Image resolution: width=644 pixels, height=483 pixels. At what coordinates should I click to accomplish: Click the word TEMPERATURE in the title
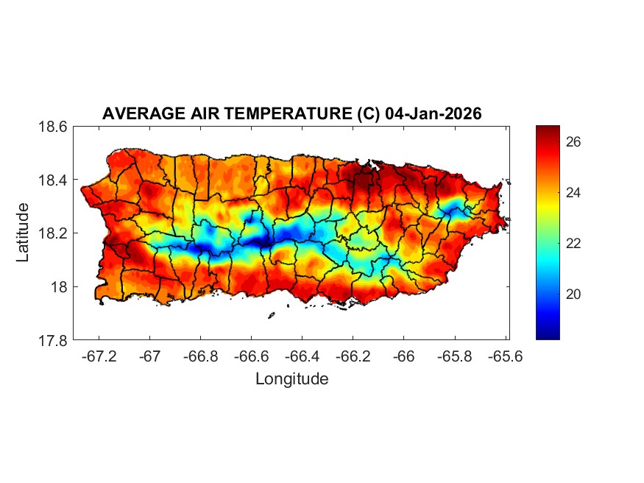tap(286, 114)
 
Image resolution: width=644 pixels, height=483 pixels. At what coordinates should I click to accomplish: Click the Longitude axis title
tap(291, 379)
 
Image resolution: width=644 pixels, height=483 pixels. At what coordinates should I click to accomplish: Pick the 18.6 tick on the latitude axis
tap(53, 127)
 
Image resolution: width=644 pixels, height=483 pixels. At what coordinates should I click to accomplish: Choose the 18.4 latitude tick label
tap(53, 180)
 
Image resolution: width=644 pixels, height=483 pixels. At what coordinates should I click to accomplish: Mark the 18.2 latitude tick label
tap(53, 233)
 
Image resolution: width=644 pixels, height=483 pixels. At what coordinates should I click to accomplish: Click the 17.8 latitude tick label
tap(53, 340)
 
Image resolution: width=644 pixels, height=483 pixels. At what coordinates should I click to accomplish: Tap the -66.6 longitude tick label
tap(251, 356)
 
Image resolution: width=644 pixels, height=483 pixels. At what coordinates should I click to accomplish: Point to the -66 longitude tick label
tap(403, 356)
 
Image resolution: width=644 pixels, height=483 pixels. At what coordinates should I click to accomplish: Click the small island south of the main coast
tap(271, 316)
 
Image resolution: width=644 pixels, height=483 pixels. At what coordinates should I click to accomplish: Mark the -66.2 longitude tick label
tap(353, 356)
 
